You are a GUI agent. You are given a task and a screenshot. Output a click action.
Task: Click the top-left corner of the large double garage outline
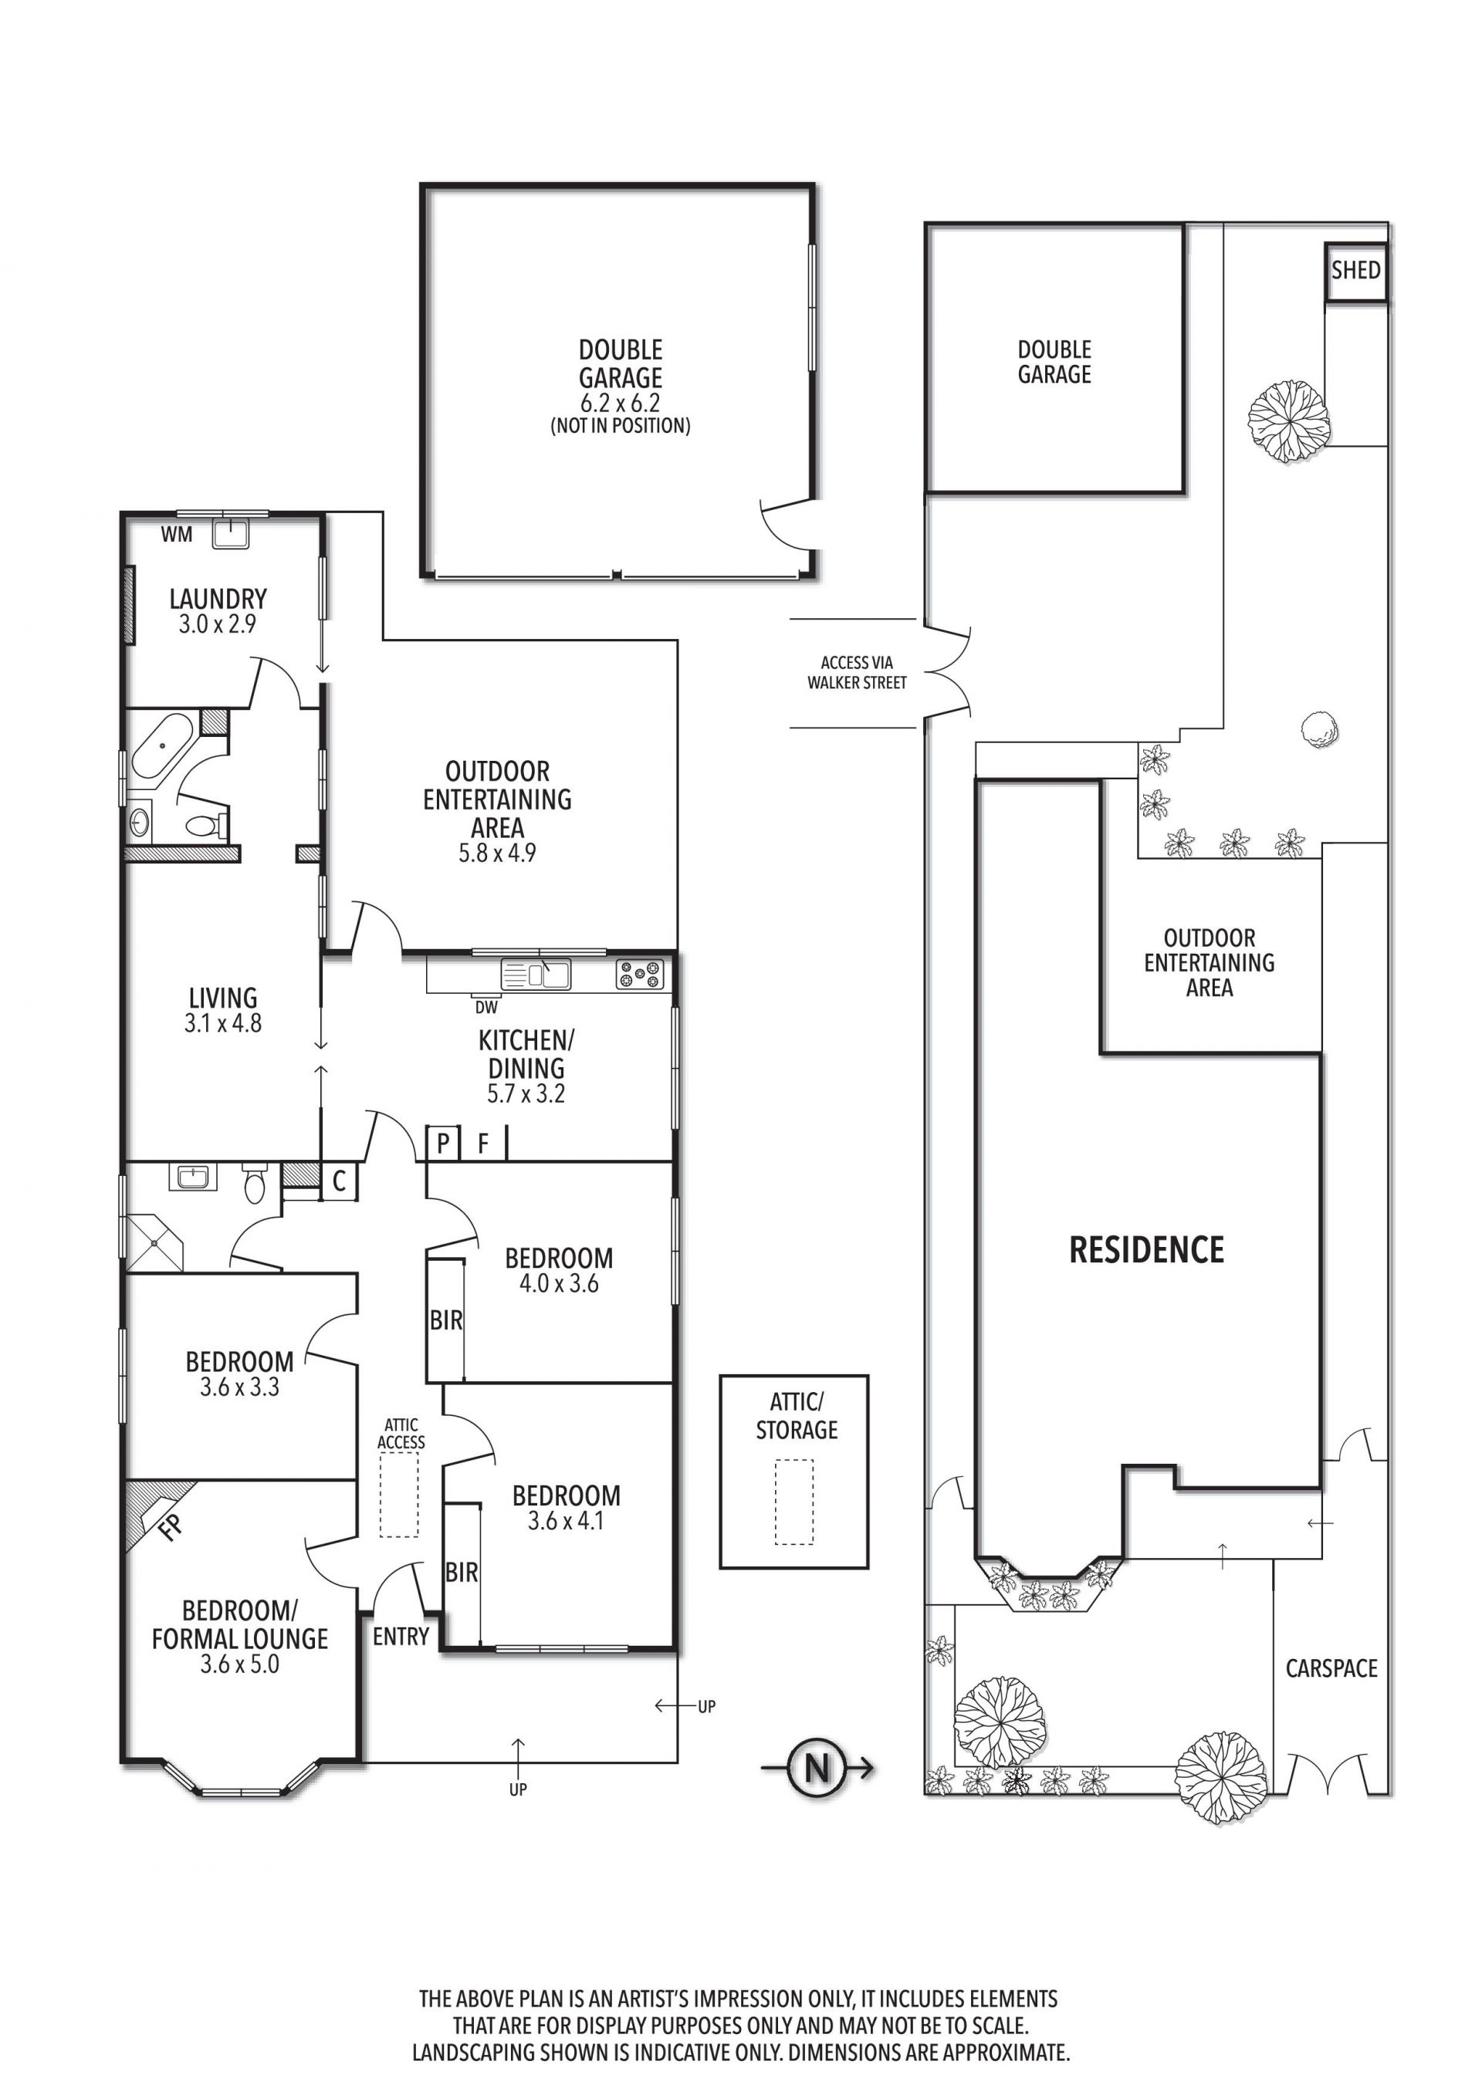[x=422, y=185]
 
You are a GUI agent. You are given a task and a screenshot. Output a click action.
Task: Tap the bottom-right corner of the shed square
[x=1387, y=299]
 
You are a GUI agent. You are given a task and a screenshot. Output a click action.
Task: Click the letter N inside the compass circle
[x=817, y=1769]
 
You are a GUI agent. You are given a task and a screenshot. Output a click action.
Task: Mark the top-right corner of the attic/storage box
[x=868, y=1376]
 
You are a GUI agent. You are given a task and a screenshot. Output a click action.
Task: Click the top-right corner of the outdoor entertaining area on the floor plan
[x=677, y=640]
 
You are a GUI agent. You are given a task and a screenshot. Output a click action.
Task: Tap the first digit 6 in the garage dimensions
[x=587, y=402]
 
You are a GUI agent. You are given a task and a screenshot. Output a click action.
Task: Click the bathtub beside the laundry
[x=162, y=745]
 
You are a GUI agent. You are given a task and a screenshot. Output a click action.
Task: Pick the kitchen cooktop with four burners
[x=640, y=975]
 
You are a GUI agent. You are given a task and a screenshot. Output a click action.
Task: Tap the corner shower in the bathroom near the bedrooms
[x=154, y=1242]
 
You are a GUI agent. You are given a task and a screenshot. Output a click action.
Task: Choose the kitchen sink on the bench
[x=536, y=974]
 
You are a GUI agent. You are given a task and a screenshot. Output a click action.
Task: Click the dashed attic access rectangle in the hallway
[x=399, y=1495]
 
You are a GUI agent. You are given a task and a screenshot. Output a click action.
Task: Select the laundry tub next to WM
[x=230, y=533]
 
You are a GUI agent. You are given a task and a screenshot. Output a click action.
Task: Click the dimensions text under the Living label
[x=222, y=1023]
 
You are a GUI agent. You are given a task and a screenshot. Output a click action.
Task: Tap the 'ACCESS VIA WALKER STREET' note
[x=857, y=671]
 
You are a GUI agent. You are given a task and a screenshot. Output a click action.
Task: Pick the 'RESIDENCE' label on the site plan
[x=1146, y=1250]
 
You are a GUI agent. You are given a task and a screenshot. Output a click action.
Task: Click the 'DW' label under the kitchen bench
[x=486, y=1007]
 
